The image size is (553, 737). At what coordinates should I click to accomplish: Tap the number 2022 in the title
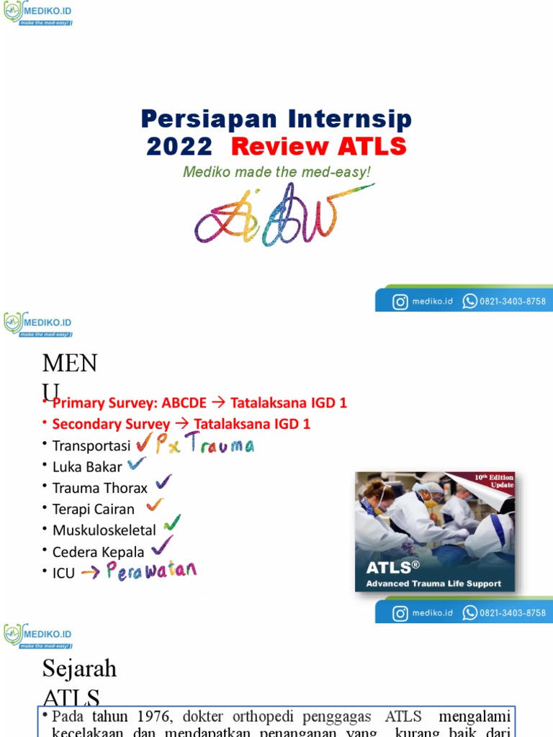179,147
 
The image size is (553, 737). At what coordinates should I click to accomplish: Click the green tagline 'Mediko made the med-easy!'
276,172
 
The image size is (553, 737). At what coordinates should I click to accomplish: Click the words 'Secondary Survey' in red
112,424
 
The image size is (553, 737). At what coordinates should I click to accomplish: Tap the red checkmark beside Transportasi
144,443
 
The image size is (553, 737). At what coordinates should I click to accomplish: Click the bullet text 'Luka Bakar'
87,466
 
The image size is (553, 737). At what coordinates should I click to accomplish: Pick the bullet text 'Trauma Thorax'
99,488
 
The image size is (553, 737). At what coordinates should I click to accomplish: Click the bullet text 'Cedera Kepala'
98,552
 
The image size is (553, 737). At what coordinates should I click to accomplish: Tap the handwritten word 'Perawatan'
151,571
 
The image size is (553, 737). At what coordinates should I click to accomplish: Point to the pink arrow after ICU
90,573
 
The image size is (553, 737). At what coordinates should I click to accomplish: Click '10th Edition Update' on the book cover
495,481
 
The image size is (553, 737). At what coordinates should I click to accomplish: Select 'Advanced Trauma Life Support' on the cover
433,584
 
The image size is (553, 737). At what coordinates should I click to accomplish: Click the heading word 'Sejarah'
79,669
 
